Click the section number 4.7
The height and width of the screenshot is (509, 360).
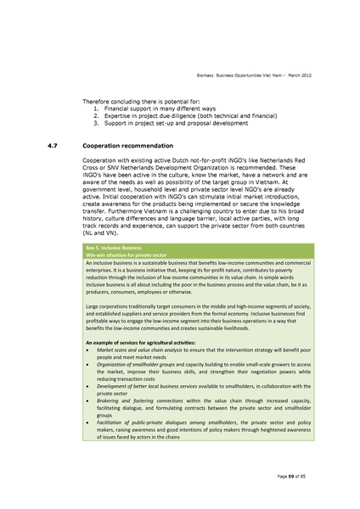(x=52, y=145)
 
